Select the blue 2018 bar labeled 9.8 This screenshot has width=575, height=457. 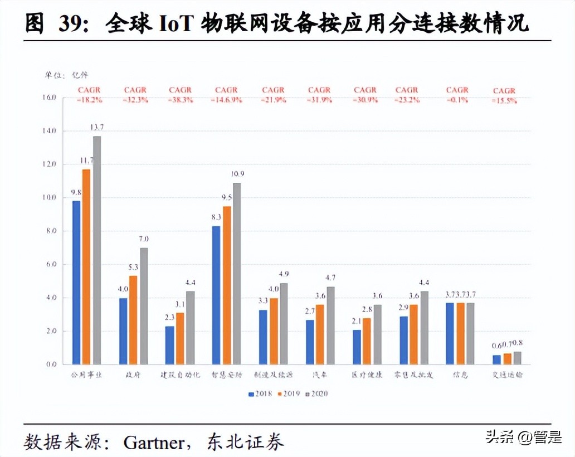[77, 282]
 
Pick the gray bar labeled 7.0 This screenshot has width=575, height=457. [144, 306]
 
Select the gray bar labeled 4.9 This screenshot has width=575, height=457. [284, 323]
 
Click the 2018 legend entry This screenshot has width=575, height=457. [260, 394]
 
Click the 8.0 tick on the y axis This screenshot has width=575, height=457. [51, 231]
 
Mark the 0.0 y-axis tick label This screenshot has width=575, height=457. [51, 364]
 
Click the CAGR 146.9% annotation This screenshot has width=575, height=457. [226, 95]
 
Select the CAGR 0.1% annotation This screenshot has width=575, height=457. [457, 95]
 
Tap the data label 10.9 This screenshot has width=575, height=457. [238, 174]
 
